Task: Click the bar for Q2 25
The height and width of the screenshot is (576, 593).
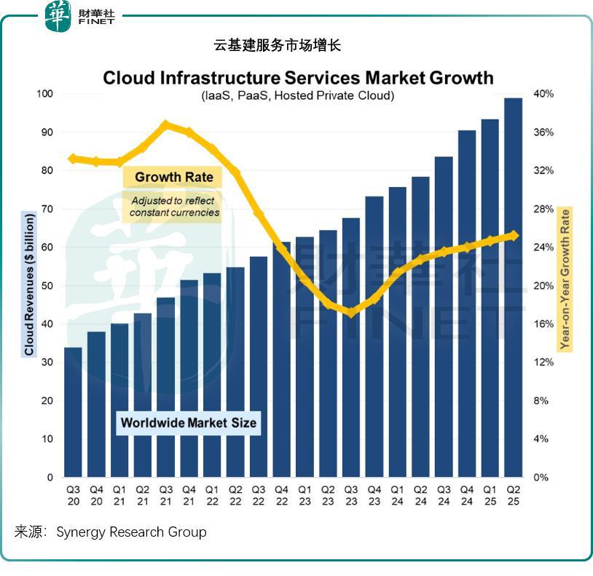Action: coord(513,288)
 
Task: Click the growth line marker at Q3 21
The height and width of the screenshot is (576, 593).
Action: coord(165,125)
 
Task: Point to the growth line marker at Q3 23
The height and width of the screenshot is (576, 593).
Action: coord(350,312)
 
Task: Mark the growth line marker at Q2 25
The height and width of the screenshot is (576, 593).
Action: coord(514,235)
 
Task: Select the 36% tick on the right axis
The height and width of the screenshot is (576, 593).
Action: coord(543,133)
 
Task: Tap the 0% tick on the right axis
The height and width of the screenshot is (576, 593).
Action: coord(541,478)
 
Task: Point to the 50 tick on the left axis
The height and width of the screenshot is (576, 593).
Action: coord(48,286)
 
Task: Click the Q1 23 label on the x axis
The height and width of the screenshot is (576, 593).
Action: coord(305,496)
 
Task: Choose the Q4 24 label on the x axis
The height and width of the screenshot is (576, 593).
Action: coord(467,496)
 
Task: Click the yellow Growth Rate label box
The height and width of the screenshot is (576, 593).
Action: coord(174,177)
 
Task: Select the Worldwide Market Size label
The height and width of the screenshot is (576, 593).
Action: coord(189,422)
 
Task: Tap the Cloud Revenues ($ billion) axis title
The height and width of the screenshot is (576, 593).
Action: coord(29,284)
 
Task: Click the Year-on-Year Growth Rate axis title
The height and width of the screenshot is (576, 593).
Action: coord(565,280)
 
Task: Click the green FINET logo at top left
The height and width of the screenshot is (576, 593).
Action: coord(58,16)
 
